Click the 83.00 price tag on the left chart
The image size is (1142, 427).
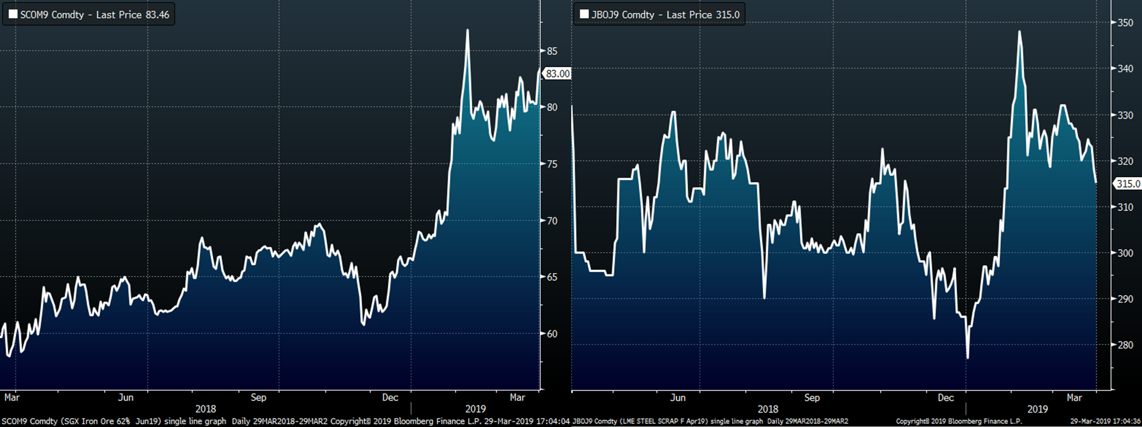click(557, 73)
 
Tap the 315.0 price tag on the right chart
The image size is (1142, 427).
click(1128, 184)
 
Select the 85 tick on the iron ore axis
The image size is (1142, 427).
click(552, 51)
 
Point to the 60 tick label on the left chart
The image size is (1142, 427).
click(552, 334)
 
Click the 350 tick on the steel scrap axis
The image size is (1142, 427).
click(1125, 23)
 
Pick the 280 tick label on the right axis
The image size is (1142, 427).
click(1125, 345)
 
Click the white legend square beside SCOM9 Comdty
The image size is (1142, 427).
click(13, 14)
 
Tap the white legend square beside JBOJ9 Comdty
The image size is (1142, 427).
click(584, 14)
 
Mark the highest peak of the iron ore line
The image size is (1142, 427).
click(468, 30)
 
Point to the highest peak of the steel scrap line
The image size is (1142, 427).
click(1019, 32)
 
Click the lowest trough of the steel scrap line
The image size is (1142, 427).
click(967, 357)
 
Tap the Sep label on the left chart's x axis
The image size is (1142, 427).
click(258, 398)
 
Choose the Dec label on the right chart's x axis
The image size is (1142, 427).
click(946, 398)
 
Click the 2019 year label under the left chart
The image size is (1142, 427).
click(475, 409)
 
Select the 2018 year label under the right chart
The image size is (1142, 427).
click(768, 409)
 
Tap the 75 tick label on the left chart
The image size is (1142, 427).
click(552, 164)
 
